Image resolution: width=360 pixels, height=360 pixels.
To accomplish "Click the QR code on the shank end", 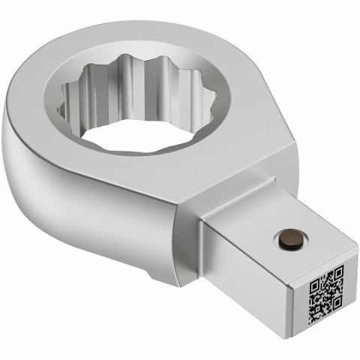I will coord(326,294).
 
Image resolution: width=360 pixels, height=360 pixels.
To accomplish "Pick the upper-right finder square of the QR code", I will coord(337,272).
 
